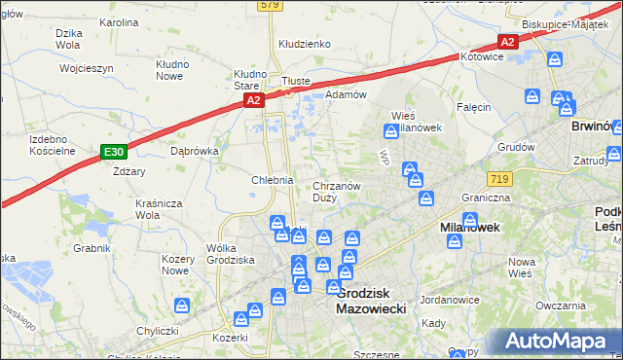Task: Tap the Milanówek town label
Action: coord(470,226)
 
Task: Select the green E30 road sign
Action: coord(114,152)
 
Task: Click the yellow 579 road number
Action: coord(271,5)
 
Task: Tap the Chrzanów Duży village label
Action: coord(337,192)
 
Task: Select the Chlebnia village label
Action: coord(273,180)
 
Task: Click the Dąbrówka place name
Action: coord(195,151)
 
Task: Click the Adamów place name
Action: coord(346,94)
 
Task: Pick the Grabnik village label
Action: coord(92,248)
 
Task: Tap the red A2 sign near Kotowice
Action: coord(507,41)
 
